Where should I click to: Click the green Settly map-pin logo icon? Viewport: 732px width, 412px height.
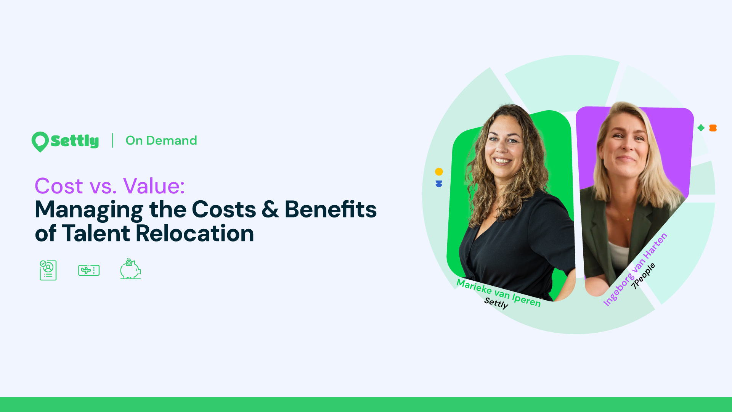(x=40, y=142)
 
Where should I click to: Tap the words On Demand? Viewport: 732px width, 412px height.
(x=161, y=140)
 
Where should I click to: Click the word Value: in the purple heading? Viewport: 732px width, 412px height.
(x=154, y=186)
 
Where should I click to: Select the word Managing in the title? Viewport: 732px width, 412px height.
(x=89, y=210)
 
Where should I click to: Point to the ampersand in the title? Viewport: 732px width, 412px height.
(x=270, y=209)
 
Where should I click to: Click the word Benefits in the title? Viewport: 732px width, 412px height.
(x=331, y=209)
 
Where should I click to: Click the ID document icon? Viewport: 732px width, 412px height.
(x=48, y=270)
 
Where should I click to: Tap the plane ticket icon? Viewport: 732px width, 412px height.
(x=89, y=270)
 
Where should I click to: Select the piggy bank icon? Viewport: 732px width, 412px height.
(x=130, y=269)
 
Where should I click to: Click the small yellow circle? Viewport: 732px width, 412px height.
(x=439, y=172)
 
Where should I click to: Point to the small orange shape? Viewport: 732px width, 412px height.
(x=713, y=128)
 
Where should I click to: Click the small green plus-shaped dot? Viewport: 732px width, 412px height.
(x=701, y=128)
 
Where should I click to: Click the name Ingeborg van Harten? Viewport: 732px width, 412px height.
(x=635, y=269)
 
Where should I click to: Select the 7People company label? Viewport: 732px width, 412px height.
(x=643, y=276)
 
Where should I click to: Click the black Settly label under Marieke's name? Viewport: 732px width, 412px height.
(x=496, y=303)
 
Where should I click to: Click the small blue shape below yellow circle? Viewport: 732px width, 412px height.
(x=439, y=184)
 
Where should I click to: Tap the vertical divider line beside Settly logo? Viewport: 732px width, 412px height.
(x=112, y=140)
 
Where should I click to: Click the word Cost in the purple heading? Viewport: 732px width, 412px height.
(x=59, y=186)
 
